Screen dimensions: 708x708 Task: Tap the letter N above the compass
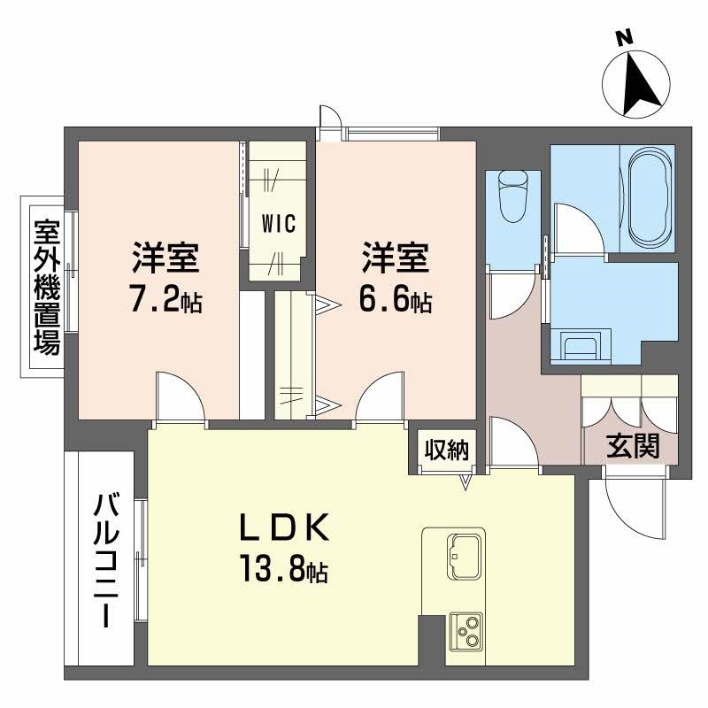tap(625, 37)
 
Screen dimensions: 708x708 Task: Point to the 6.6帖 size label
tap(395, 302)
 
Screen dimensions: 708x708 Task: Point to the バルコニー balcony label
tap(108, 560)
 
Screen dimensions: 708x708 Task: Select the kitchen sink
tap(464, 552)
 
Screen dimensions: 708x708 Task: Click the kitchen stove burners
tap(466, 631)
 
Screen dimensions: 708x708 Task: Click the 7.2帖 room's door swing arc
tap(181, 396)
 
